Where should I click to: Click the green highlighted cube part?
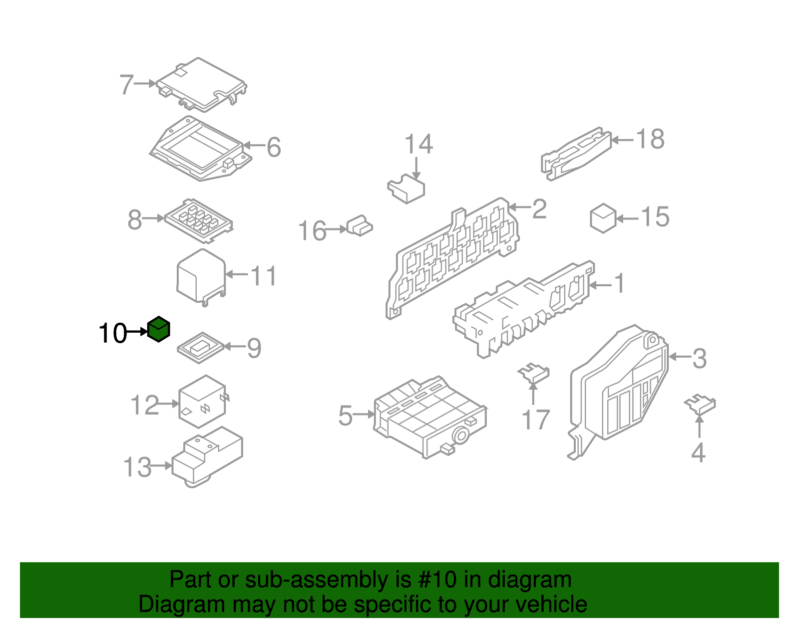158,329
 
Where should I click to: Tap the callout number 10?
113,333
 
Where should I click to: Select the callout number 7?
126,84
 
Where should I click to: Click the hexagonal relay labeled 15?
603,218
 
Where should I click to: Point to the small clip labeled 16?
359,225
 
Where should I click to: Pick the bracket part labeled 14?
406,189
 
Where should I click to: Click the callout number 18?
650,139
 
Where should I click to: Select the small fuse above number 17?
533,374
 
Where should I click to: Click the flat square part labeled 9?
201,348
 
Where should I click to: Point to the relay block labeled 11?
201,277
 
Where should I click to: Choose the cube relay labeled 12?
203,401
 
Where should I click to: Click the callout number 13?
137,467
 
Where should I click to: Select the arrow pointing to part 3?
680,357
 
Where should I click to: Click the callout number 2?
539,209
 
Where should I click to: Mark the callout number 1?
620,283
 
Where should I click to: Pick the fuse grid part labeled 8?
199,220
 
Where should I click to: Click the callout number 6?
274,147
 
